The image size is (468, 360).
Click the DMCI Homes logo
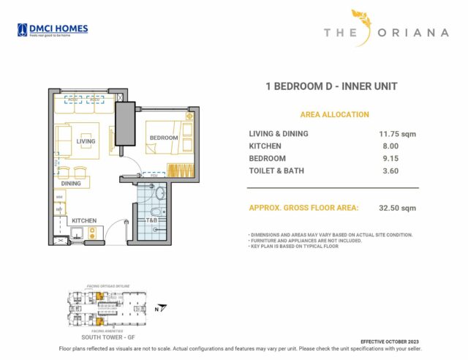click(52, 30)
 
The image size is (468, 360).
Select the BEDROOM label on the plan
click(164, 138)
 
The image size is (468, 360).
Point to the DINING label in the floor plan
click(71, 184)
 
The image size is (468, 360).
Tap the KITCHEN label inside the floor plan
click(84, 220)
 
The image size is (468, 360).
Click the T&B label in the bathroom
click(152, 220)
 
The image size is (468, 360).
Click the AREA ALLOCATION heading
click(334, 115)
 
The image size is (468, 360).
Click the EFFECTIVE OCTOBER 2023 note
click(390, 342)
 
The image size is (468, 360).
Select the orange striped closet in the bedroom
click(179, 171)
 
